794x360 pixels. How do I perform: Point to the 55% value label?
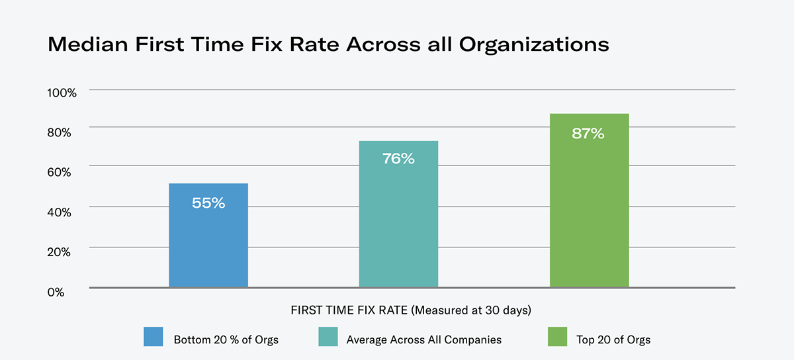(208, 204)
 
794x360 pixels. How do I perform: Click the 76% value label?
(398, 159)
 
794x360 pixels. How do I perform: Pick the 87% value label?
(589, 134)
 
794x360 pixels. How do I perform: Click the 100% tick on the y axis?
(62, 93)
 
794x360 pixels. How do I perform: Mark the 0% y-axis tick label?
(56, 291)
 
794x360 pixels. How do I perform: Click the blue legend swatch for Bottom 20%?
(154, 337)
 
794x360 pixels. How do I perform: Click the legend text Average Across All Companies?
(423, 340)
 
